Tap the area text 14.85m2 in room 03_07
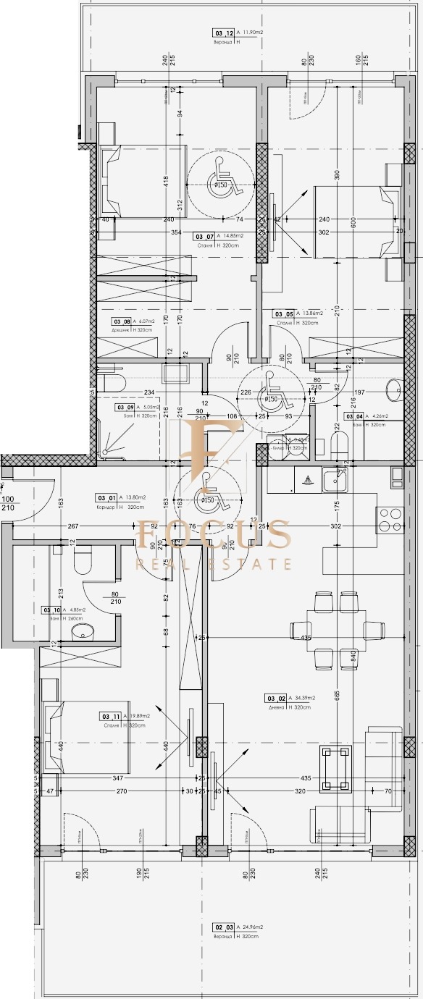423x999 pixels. pyautogui.click(x=232, y=236)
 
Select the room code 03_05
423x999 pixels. pyautogui.click(x=282, y=313)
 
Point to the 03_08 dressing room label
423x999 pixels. pyautogui.click(x=120, y=322)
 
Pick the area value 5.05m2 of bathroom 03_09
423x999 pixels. pyautogui.click(x=148, y=407)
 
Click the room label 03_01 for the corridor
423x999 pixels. pyautogui.click(x=106, y=497)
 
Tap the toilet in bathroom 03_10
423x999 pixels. pyautogui.click(x=83, y=560)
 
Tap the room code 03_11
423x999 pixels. pyautogui.click(x=110, y=716)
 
